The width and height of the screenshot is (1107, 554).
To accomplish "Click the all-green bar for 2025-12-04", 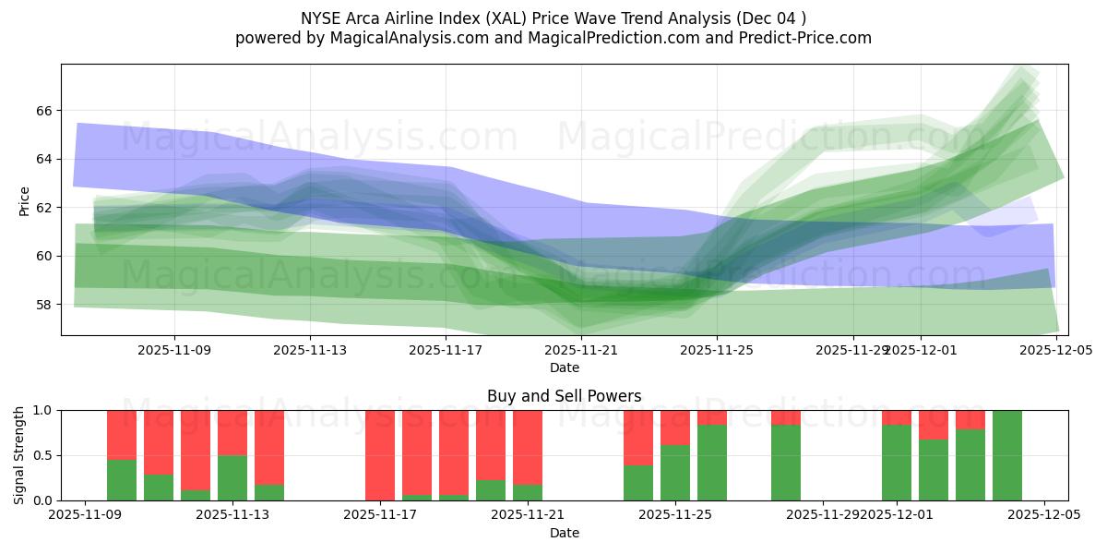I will pyautogui.click(x=1007, y=455).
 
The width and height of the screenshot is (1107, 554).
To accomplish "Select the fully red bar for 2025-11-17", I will pyautogui.click(x=380, y=455).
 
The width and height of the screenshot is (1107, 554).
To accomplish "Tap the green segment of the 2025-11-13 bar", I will pyautogui.click(x=232, y=478).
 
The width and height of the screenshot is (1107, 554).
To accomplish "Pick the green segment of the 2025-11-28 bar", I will pyautogui.click(x=786, y=463).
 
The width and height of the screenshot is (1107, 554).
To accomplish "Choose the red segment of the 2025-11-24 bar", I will pyautogui.click(x=638, y=438).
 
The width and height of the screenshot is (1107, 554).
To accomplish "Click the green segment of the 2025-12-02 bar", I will pyautogui.click(x=934, y=470).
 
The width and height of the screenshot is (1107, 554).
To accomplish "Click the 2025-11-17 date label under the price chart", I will pyautogui.click(x=446, y=350).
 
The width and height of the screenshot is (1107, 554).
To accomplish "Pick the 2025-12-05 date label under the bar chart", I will pyautogui.click(x=1044, y=514).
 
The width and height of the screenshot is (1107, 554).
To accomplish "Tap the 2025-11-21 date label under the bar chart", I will pyautogui.click(x=528, y=514).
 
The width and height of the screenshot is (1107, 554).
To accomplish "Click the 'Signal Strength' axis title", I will pyautogui.click(x=19, y=455).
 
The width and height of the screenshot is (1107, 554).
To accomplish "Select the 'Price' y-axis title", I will pyautogui.click(x=24, y=200).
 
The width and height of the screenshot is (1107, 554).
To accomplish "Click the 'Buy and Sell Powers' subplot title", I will pyautogui.click(x=565, y=396).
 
